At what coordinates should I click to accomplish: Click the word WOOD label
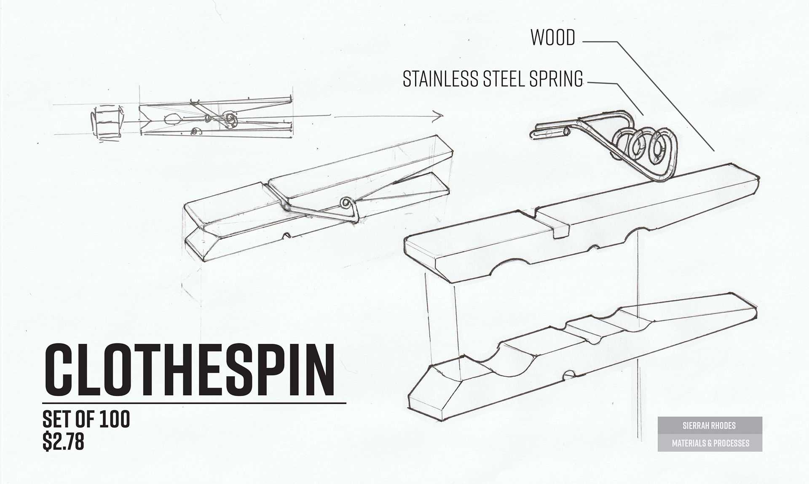553,38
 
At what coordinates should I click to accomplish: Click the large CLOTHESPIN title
189,370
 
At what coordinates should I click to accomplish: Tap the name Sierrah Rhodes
710,425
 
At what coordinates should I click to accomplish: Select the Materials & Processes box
710,443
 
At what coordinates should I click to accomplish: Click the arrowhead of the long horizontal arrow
439,115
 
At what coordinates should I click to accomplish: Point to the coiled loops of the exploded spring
643,147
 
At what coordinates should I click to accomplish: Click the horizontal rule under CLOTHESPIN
194,403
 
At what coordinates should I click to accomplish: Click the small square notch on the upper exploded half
561,231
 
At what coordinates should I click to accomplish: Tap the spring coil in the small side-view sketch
230,119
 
